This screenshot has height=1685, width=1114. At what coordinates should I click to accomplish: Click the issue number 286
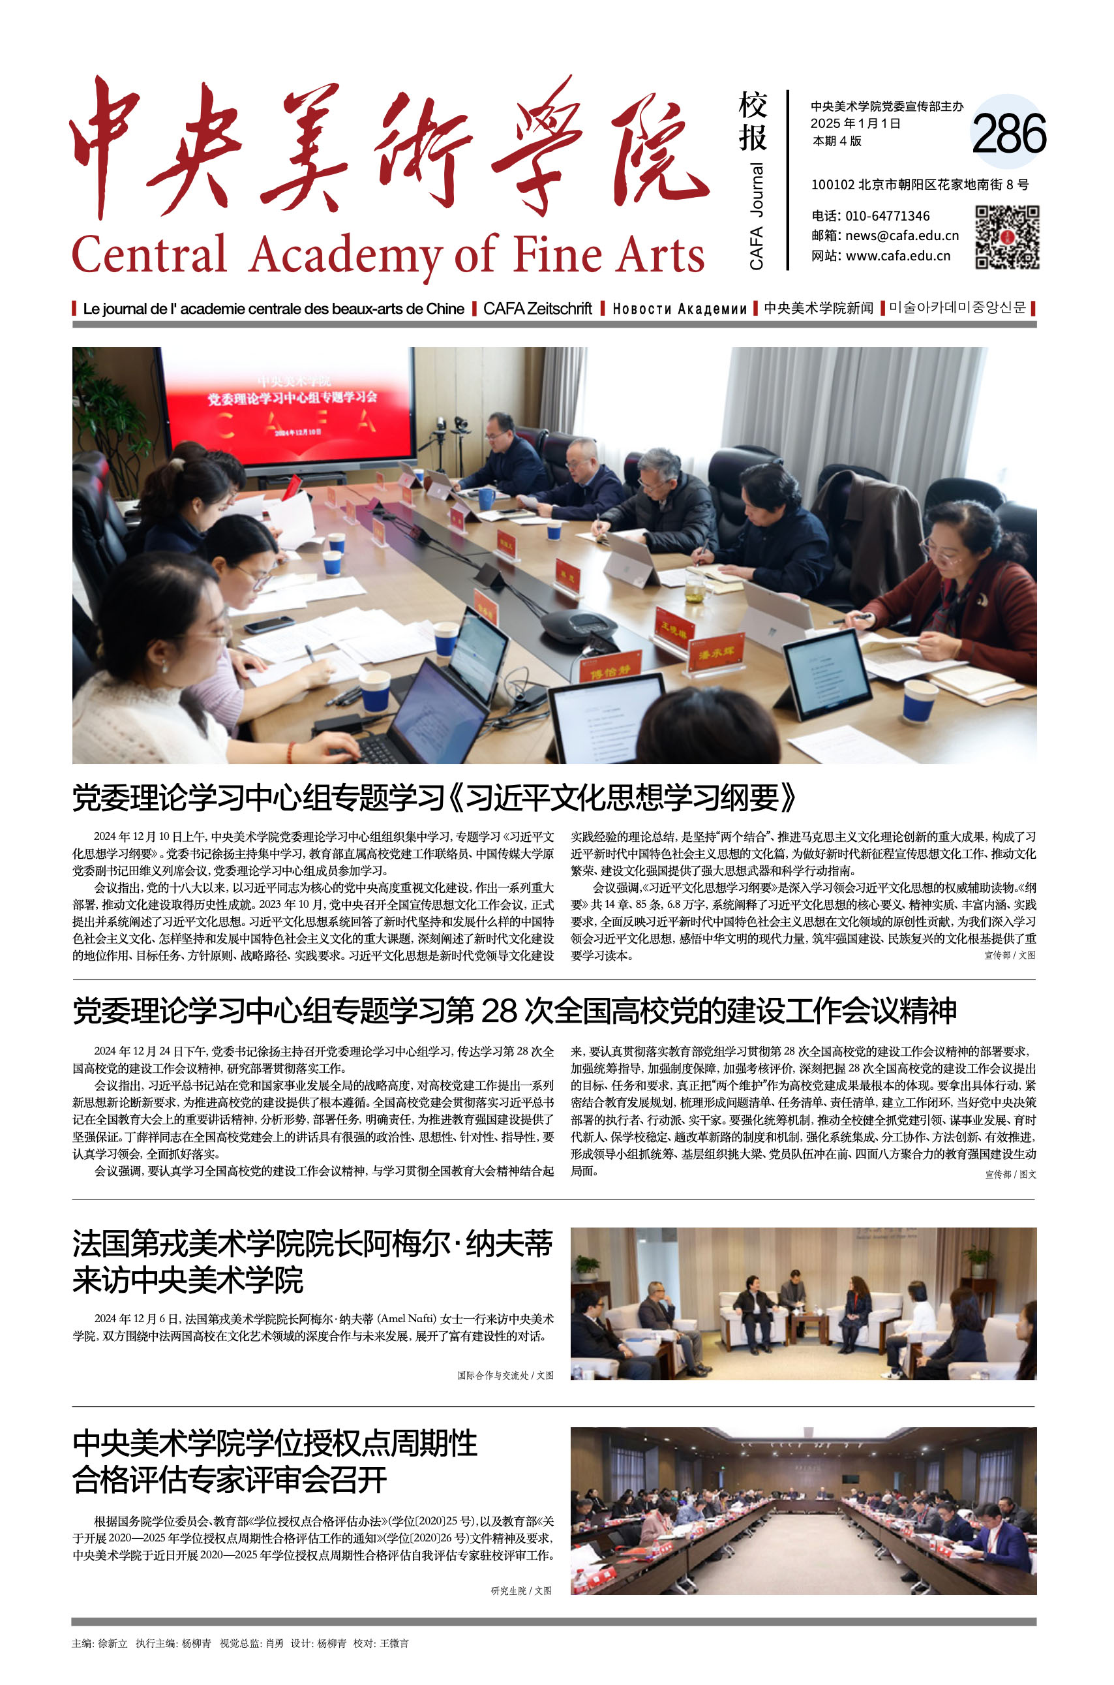pos(1008,134)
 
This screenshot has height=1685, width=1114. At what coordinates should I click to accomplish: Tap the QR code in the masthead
pos(1007,238)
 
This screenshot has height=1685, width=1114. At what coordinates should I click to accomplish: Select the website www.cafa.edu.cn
pos(897,256)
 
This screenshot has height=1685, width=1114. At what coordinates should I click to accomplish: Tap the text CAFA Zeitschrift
pos(537,309)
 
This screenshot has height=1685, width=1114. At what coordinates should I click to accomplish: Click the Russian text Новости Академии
pos(679,309)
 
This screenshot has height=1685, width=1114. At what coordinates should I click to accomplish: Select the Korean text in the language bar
pos(957,308)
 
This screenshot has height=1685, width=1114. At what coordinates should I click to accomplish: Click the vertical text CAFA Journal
pos(757,216)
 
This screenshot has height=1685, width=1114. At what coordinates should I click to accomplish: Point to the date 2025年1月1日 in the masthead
pos(856,123)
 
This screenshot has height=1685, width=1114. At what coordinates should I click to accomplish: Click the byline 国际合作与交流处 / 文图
pos(505,1376)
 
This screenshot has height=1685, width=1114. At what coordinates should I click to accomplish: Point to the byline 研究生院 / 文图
pos(520,1590)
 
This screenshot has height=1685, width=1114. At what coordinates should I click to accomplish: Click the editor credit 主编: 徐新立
pos(99,1643)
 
